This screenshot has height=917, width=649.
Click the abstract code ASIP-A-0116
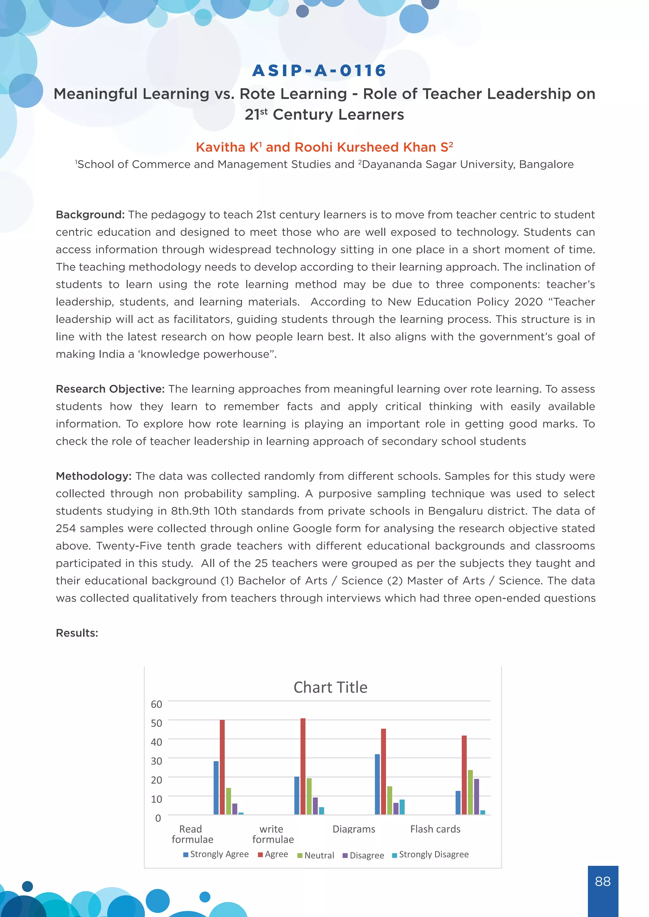point(319,71)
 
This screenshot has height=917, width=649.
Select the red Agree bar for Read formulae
point(222,767)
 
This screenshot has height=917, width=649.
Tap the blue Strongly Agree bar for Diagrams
point(377,784)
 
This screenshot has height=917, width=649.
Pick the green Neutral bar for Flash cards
point(470,792)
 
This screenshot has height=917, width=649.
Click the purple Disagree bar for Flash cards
point(476,796)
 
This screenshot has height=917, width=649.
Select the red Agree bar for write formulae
point(303,766)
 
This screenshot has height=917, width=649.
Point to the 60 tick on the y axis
point(156,704)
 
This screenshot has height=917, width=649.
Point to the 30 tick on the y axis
point(156,761)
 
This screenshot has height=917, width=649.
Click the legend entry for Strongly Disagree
point(433,854)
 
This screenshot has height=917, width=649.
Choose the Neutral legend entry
point(318,855)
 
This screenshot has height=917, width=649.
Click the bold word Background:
point(90,215)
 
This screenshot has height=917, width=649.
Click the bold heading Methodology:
point(93,476)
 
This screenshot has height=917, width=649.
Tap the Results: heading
point(77,633)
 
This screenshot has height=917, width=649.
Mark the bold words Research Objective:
point(110,389)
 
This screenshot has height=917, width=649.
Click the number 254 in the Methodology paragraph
point(66,528)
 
